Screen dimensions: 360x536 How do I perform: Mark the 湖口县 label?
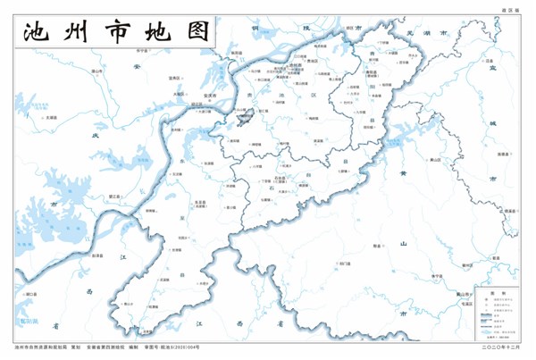coord(29,294)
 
